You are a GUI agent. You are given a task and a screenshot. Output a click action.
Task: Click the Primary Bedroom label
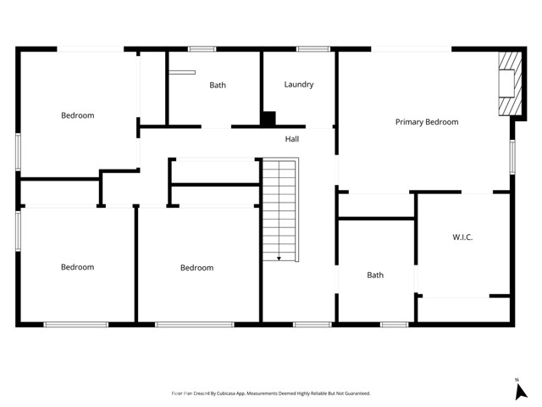click(427, 122)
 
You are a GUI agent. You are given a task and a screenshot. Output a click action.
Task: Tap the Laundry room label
click(299, 85)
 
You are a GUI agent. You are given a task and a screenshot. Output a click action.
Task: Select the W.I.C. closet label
click(462, 237)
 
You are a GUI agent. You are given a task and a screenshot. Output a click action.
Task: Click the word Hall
click(291, 139)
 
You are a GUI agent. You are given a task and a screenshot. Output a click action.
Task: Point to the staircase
click(279, 208)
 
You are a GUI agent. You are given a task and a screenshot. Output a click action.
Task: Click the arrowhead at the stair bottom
click(279, 257)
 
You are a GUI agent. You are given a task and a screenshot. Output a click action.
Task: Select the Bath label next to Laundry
click(218, 85)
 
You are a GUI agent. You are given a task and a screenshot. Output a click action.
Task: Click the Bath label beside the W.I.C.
click(375, 275)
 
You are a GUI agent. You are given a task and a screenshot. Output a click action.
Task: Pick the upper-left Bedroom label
click(77, 115)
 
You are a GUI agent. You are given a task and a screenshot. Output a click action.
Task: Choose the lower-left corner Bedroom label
click(77, 267)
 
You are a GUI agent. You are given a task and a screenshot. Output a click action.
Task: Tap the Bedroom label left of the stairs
click(196, 268)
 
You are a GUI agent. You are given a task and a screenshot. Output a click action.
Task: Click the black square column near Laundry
click(268, 120)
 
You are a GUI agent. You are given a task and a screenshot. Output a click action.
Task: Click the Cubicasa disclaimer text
click(270, 393)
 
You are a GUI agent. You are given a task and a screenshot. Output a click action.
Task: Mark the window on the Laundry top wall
click(312, 49)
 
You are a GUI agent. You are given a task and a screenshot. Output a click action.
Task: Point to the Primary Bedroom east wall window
click(512, 157)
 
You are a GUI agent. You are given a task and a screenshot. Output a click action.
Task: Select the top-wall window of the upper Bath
click(202, 49)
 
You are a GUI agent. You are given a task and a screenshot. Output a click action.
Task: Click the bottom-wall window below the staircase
click(312, 324)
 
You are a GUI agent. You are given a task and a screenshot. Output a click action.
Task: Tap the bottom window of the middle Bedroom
click(195, 324)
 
